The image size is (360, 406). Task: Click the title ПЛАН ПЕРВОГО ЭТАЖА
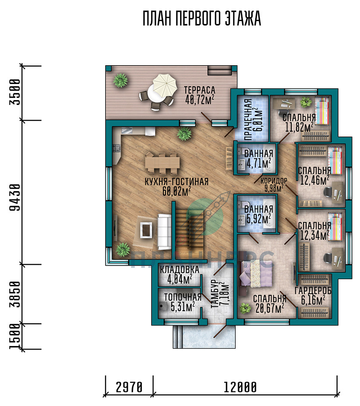pyautogui.click(x=201, y=18)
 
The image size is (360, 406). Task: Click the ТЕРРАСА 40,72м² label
pyautogui.click(x=200, y=95)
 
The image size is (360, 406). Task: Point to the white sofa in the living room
pyautogui.click(x=164, y=232)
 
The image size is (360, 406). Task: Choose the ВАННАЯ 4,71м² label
pyautogui.click(x=258, y=158)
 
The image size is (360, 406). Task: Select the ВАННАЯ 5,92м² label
pyautogui.click(x=258, y=214)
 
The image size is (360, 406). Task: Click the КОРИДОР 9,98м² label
pyautogui.click(x=274, y=185)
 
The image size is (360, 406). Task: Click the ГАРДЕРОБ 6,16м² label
pyautogui.click(x=313, y=295)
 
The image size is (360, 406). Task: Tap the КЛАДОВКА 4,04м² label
pyautogui.click(x=180, y=275)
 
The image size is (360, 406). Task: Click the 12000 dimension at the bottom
pyautogui.click(x=240, y=387)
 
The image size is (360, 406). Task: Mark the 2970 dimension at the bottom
pyautogui.click(x=129, y=387)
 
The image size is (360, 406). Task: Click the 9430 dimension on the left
pyautogui.click(x=15, y=198)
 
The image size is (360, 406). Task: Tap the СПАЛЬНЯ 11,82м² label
pyautogui.click(x=299, y=122)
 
